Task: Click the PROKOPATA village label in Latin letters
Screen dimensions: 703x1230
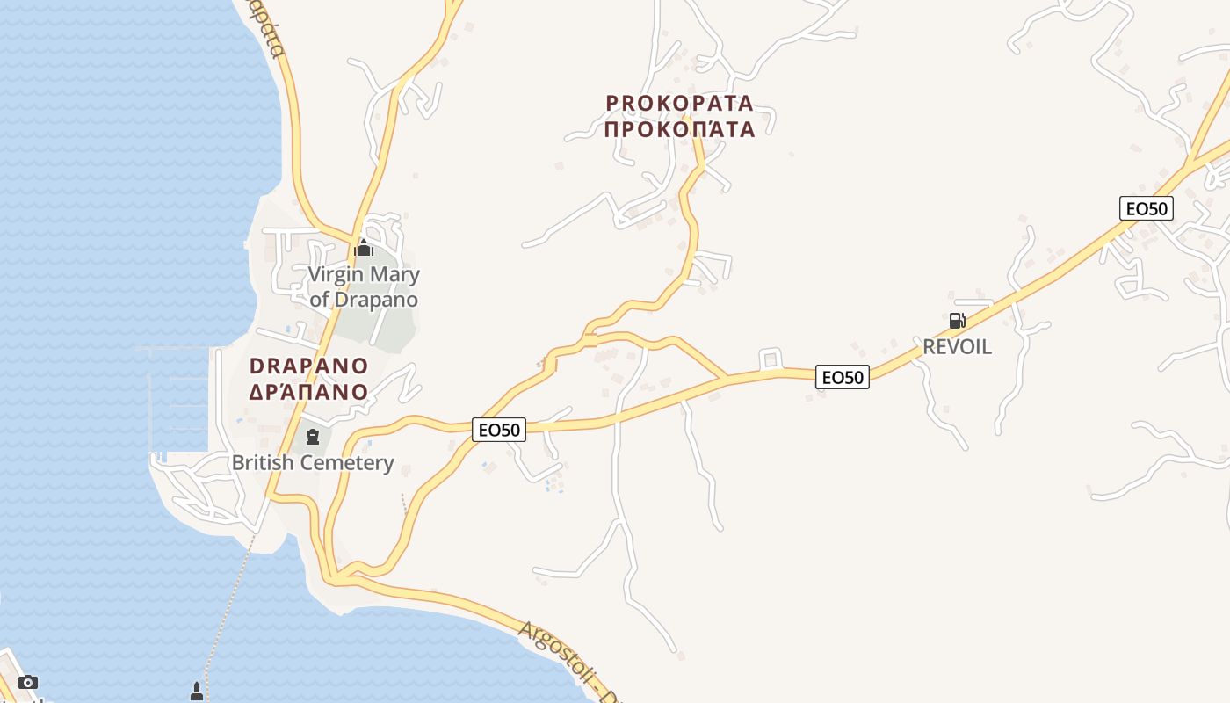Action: pos(679,103)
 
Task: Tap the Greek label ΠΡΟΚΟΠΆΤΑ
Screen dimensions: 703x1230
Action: pos(679,129)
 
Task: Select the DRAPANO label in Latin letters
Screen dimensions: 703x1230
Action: pos(308,366)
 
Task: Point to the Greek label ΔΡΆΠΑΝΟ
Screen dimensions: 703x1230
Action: pos(308,392)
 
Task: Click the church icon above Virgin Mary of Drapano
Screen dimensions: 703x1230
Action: pos(364,249)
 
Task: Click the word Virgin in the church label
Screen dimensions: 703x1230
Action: pos(335,274)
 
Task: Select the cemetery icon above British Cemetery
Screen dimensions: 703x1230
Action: pos(312,436)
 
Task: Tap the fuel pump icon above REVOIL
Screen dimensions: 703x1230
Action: pos(957,320)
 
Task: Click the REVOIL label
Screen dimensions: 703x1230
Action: pos(957,346)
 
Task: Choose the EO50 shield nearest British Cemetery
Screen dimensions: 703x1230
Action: pos(499,430)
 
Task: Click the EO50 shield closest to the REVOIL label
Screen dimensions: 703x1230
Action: pos(842,377)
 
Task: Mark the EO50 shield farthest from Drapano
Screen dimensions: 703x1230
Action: pos(1147,208)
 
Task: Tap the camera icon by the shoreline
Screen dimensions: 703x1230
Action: pos(28,682)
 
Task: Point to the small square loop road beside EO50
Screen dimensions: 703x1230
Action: pos(771,359)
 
